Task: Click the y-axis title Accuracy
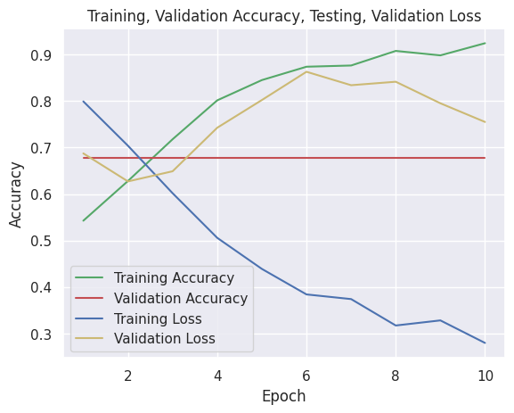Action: pyautogui.click(x=17, y=194)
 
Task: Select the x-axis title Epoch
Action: pyautogui.click(x=284, y=396)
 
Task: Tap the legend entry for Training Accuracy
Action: pyautogui.click(x=180, y=278)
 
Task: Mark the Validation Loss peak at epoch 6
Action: pyautogui.click(x=306, y=71)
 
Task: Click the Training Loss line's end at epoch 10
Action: pyautogui.click(x=485, y=343)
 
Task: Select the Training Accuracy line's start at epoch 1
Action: pyautogui.click(x=84, y=220)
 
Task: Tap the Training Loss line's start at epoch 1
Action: pyautogui.click(x=84, y=102)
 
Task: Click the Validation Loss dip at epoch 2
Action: pyautogui.click(x=128, y=182)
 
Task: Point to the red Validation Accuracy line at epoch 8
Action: pyautogui.click(x=396, y=158)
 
